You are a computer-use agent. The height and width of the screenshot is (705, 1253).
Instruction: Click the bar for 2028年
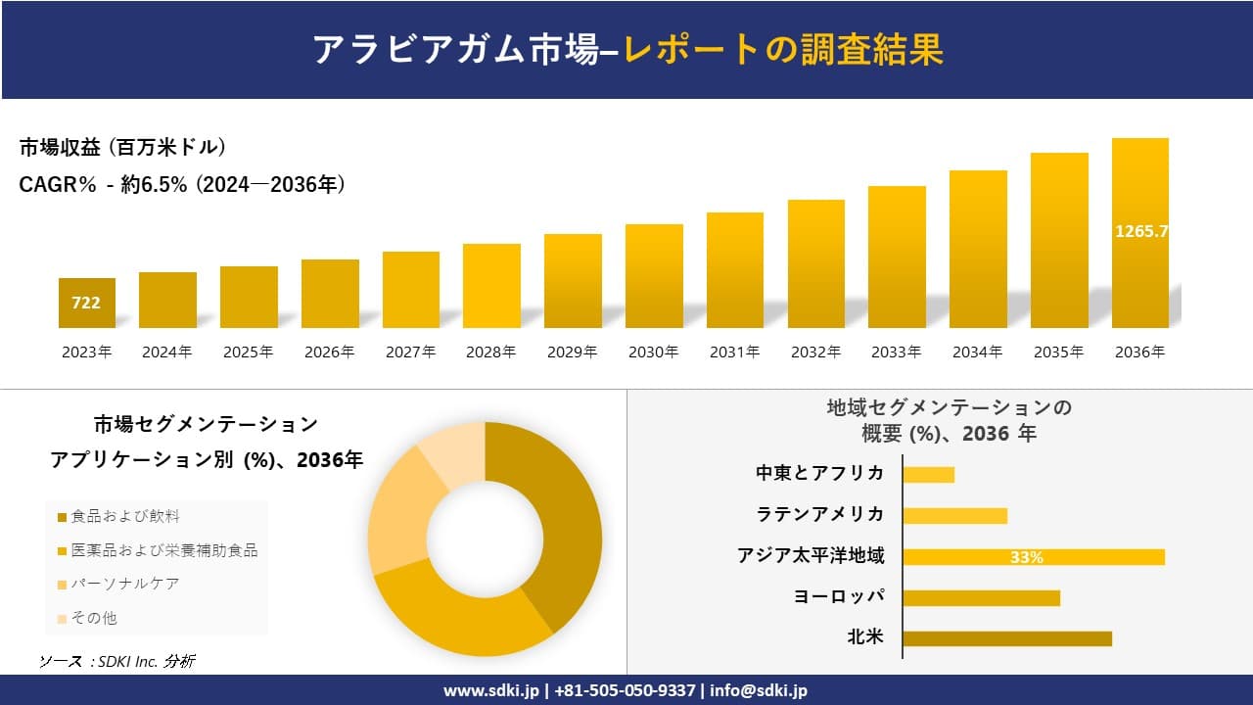tap(491, 286)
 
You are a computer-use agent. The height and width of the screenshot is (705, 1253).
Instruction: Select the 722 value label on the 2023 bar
tap(86, 304)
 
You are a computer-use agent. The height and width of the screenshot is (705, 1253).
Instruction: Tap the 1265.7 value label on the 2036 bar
tap(1140, 232)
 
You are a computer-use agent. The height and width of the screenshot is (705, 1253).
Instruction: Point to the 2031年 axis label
tap(734, 352)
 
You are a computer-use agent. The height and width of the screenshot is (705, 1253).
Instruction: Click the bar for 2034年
tap(978, 250)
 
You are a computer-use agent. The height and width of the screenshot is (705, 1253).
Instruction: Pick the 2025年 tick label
tap(249, 352)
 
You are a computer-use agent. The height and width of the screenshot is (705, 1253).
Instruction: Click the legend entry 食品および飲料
tap(124, 516)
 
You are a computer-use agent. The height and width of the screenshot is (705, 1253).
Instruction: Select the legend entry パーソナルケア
tap(124, 584)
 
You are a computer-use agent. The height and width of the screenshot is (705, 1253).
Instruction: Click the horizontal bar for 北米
tap(1006, 638)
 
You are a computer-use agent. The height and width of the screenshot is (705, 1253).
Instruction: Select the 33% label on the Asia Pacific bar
tap(1026, 557)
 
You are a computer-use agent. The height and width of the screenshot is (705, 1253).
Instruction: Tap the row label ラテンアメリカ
tap(820, 514)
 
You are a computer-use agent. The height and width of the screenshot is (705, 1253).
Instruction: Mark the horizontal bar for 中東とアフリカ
tap(928, 475)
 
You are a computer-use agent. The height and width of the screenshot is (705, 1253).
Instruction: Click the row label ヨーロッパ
tap(839, 596)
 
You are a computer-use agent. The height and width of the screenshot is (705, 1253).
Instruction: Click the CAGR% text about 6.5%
tap(182, 185)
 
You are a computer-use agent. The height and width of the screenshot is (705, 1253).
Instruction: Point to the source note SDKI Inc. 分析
tap(116, 662)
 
